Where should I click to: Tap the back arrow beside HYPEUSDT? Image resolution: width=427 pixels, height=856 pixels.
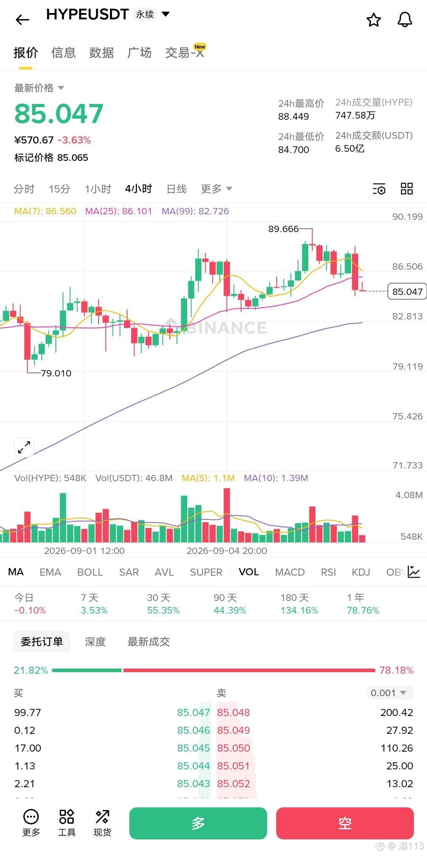22,19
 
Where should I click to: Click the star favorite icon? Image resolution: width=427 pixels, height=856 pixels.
374,19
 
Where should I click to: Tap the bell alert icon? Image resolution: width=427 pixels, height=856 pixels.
404,19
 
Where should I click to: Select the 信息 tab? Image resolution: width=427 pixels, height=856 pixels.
63,53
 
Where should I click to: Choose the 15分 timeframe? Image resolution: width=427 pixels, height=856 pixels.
59,189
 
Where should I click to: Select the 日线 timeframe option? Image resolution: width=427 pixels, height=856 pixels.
176,189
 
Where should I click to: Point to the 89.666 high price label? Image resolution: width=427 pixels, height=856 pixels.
283,229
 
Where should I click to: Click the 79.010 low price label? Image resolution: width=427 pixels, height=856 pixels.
56,373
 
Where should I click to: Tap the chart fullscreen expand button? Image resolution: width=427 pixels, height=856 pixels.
24,447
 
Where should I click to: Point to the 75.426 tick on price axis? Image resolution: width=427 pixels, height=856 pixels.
407,416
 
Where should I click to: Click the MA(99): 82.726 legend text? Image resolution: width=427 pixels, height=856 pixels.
195,211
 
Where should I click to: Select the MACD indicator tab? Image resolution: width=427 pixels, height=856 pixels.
290,572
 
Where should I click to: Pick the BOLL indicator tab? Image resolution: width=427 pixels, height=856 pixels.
90,572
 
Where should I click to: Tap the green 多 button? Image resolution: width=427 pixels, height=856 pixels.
198,823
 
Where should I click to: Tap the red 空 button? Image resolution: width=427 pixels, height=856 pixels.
345,823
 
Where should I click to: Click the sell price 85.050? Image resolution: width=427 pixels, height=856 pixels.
233,748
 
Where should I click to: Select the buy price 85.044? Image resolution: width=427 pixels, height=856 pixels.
194,766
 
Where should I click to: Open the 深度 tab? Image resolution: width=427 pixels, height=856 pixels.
95,642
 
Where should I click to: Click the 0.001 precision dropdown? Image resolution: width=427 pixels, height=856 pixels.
390,693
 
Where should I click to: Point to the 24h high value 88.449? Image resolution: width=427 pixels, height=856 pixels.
293,117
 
